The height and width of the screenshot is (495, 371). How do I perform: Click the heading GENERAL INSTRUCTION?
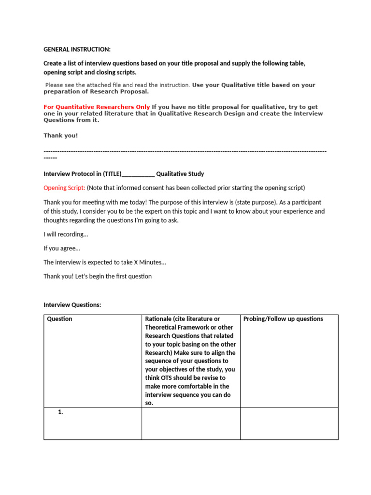(x=77, y=49)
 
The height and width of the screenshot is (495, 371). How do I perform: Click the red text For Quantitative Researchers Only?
(x=97, y=107)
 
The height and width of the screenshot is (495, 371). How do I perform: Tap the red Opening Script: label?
(x=64, y=188)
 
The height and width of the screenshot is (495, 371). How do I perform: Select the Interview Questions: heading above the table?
(x=72, y=305)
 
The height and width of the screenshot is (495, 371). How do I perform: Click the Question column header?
(x=59, y=319)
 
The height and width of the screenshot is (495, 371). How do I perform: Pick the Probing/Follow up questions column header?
(x=283, y=319)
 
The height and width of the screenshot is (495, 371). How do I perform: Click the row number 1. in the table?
(x=61, y=412)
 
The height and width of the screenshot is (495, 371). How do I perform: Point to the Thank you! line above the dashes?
(x=60, y=135)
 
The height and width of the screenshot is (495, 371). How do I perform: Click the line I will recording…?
(x=66, y=234)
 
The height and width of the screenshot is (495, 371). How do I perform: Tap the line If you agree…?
(x=62, y=248)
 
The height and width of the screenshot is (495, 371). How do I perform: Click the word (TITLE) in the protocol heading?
(x=109, y=174)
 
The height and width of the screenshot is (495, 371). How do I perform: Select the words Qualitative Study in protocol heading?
(x=180, y=174)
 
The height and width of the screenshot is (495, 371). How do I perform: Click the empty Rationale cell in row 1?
(x=191, y=423)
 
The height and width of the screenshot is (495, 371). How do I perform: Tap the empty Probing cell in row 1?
(x=289, y=423)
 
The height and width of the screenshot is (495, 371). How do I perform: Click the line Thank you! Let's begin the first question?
(x=98, y=277)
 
